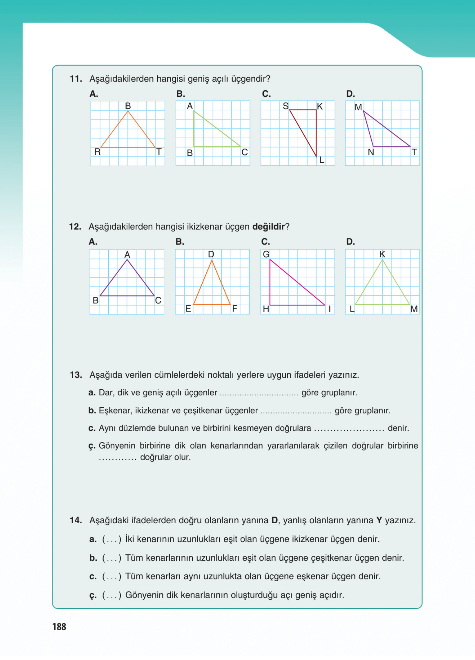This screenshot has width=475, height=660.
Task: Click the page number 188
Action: tap(59, 627)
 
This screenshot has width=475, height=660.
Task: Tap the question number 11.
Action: tap(76, 79)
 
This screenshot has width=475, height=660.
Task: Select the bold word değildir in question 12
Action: tap(268, 227)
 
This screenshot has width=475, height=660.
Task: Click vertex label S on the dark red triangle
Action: tap(286, 106)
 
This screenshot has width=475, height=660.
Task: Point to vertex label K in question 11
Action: tap(320, 106)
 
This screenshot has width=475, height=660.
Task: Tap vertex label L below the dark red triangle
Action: tap(321, 160)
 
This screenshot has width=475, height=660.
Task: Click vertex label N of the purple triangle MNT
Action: tap(371, 152)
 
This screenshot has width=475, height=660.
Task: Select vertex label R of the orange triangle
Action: tap(97, 152)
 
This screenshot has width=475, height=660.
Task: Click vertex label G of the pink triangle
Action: tap(266, 254)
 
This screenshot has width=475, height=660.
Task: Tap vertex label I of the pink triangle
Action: tap(330, 309)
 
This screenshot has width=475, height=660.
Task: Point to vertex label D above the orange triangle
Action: tap(211, 254)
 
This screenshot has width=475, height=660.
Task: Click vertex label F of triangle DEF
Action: tap(234, 309)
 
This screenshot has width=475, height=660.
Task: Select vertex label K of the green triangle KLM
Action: tap(382, 254)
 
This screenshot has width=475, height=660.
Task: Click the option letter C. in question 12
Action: tap(266, 242)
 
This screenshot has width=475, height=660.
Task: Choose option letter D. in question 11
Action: tap(351, 94)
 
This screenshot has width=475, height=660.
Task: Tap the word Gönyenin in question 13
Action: tap(117, 446)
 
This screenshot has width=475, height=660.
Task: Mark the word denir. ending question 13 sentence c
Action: tap(398, 428)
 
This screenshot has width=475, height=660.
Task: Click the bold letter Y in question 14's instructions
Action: tap(379, 520)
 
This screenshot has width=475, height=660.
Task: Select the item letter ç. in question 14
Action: tap(93, 596)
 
